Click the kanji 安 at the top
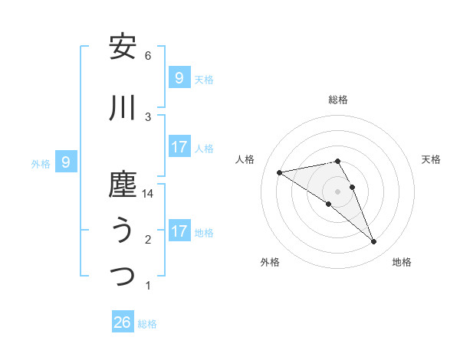123,47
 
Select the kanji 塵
123,185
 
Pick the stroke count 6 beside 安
148,56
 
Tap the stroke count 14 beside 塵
148,194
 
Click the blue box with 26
123,322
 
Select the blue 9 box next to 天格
179,78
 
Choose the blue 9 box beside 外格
66,162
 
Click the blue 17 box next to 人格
179,147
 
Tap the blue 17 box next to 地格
179,231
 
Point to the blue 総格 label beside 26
147,324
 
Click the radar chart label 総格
337,100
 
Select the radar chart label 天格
432,159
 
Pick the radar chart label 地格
402,262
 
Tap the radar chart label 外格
270,262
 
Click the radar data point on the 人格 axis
280,172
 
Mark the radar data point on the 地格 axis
373,242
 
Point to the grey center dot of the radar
337,191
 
